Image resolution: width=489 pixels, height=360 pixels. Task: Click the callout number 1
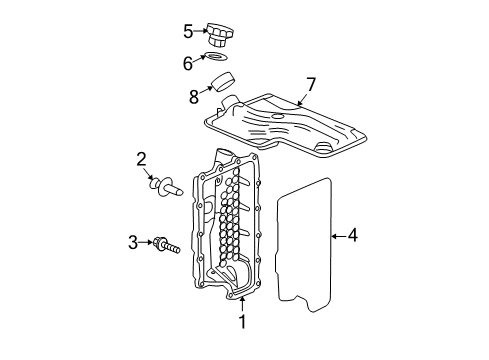[241, 321]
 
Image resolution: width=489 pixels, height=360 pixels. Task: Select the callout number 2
[142, 158]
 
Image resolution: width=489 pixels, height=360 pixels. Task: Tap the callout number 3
[132, 241]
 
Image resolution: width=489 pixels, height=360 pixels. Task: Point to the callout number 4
[351, 236]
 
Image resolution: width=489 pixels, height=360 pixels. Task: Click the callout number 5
[188, 30]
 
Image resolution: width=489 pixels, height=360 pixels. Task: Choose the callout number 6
[188, 62]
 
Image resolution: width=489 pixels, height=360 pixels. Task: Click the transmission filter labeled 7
[285, 122]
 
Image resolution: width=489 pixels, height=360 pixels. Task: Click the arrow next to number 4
[337, 236]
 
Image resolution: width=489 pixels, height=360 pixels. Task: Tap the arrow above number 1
[241, 303]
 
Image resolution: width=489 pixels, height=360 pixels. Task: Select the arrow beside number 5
[200, 31]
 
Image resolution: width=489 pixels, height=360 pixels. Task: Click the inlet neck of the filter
[230, 103]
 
